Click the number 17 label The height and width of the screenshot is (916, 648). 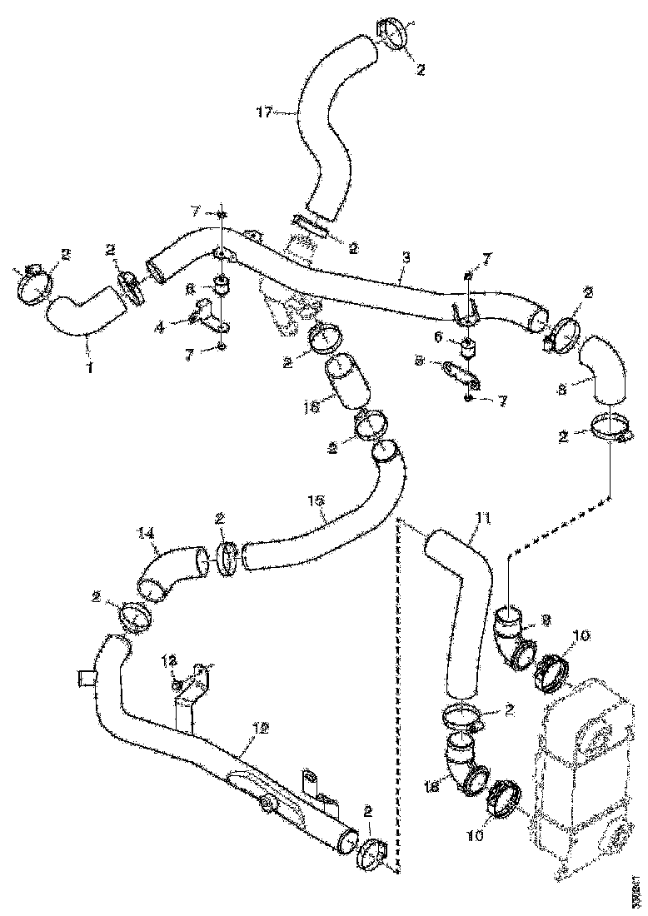click(x=265, y=111)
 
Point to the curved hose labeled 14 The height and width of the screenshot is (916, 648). click(x=167, y=570)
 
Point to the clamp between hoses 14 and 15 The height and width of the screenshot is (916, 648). click(x=227, y=558)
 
